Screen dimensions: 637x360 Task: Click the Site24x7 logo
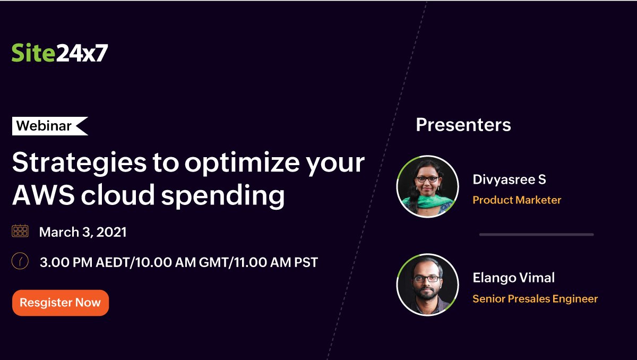click(59, 53)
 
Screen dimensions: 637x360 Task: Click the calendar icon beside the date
click(20, 230)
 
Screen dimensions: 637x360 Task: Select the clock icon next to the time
click(20, 261)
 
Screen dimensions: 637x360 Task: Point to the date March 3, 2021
click(83, 232)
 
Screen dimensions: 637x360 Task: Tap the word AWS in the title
click(44, 195)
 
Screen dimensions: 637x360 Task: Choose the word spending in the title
click(223, 196)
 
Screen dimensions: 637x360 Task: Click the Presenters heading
click(463, 125)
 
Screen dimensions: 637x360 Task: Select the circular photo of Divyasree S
click(427, 186)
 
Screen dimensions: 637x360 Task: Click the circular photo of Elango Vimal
click(427, 285)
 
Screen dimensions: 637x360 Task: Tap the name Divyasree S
click(509, 179)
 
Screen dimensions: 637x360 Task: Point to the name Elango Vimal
click(514, 278)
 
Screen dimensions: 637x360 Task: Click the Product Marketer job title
click(517, 200)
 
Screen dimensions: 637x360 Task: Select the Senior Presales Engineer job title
click(535, 299)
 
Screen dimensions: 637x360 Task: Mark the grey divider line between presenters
click(536, 235)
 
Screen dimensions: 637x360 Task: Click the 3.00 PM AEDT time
click(84, 262)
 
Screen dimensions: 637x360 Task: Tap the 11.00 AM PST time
click(276, 262)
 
